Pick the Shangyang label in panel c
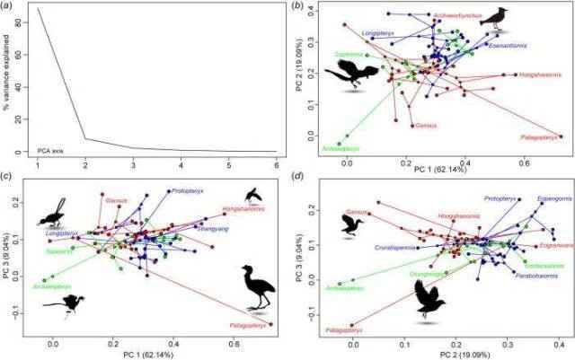pyautogui.click(x=211, y=229)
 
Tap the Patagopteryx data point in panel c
pyautogui.click(x=271, y=324)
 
